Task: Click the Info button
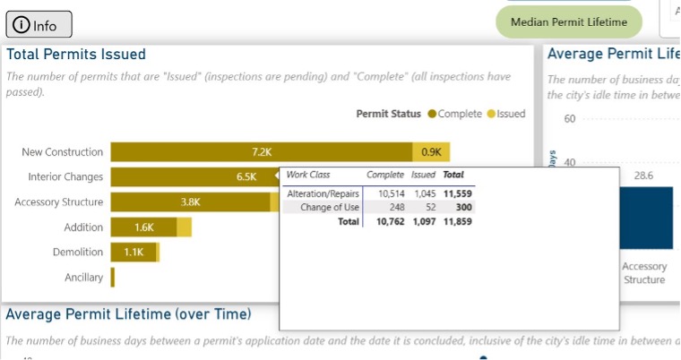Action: click(37, 25)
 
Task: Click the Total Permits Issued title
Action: click(76, 55)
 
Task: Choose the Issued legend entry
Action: click(506, 114)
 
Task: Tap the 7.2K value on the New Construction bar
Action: click(262, 152)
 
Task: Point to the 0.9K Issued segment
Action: click(431, 152)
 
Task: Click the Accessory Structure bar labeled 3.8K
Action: click(190, 202)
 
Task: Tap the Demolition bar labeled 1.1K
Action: click(134, 253)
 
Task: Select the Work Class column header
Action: click(308, 175)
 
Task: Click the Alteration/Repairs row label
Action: click(322, 193)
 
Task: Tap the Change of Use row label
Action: click(329, 207)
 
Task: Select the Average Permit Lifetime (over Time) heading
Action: click(128, 314)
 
